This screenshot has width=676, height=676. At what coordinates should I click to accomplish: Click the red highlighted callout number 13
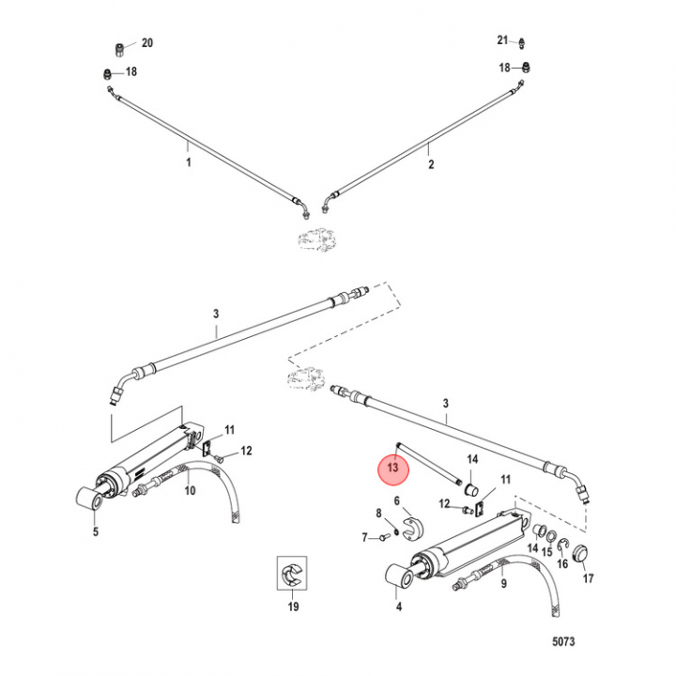click(392, 468)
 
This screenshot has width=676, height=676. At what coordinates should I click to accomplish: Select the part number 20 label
click(147, 42)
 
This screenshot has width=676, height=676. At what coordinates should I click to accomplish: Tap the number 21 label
click(502, 40)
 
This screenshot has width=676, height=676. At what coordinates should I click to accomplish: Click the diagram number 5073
click(563, 641)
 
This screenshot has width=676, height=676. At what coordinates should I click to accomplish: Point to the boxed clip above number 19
click(292, 573)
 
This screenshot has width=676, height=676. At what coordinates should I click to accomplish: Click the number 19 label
click(293, 607)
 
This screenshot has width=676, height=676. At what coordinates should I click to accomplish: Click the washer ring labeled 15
click(551, 537)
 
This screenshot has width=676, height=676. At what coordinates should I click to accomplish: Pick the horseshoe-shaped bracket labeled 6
click(412, 528)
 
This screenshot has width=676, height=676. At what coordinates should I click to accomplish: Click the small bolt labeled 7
click(384, 537)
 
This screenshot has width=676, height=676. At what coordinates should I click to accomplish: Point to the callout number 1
click(189, 162)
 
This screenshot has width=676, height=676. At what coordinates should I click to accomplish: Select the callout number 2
click(431, 164)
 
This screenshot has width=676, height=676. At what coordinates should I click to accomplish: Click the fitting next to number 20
click(120, 49)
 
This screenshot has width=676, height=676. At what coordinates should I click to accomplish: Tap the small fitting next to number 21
click(522, 42)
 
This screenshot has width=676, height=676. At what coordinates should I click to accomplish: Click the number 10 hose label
click(190, 490)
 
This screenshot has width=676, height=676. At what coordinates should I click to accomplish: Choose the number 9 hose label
click(503, 584)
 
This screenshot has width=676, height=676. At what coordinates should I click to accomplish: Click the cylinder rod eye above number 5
click(90, 498)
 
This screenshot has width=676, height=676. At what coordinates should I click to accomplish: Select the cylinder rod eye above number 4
click(399, 576)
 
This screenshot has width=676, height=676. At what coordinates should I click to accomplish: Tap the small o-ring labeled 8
click(396, 530)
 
